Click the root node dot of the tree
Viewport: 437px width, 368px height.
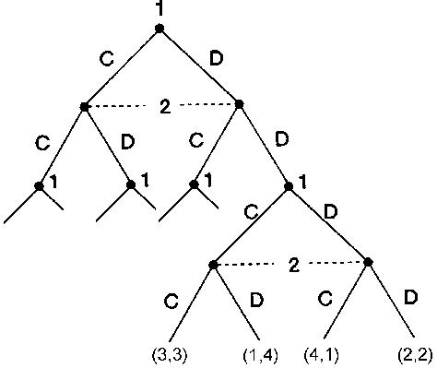tap(159, 29)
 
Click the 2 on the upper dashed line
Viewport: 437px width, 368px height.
tap(164, 108)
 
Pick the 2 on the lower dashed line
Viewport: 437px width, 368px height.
tap(293, 266)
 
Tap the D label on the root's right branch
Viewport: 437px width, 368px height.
tap(217, 58)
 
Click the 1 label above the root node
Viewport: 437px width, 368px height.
tap(159, 9)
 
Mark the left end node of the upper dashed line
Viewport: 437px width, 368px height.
tap(84, 107)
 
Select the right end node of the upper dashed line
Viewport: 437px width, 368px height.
tap(240, 104)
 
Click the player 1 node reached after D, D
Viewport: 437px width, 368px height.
tap(289, 185)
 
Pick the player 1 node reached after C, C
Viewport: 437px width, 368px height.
tap(39, 185)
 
